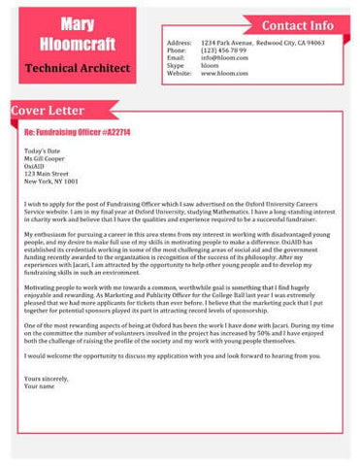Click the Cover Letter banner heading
[46, 111]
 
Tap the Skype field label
[176, 66]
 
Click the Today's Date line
[42, 152]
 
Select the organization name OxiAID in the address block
[35, 167]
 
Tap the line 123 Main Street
[46, 174]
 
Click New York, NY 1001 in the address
[51, 182]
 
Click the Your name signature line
[40, 386]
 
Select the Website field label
[180, 74]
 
